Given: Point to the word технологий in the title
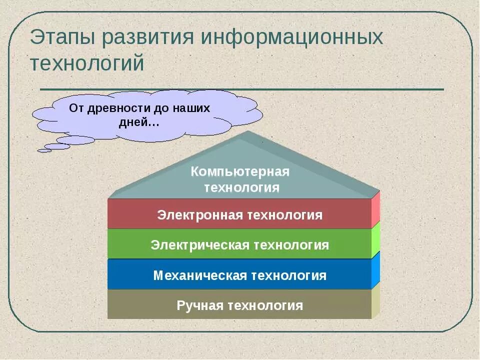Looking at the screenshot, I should [x=87, y=63].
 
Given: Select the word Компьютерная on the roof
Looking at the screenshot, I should [x=240, y=172].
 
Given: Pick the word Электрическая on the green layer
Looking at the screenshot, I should [x=200, y=245].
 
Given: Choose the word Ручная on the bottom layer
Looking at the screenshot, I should [x=199, y=305].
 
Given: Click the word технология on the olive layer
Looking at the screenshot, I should [x=264, y=305].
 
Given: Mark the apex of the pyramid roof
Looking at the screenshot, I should [x=248, y=132].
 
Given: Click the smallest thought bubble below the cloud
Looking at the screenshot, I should [x=44, y=150].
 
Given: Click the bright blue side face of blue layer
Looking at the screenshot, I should [x=375, y=270].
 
